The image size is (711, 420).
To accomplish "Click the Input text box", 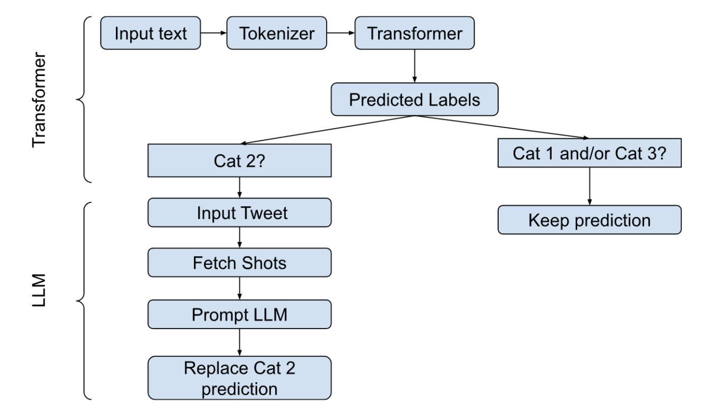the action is tap(151, 33).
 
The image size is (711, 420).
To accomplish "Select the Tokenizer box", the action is tap(277, 33).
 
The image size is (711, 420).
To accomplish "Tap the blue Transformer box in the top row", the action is tap(414, 33).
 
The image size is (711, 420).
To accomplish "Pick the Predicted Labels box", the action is tap(414, 100).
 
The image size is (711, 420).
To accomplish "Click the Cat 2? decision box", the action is tap(240, 161).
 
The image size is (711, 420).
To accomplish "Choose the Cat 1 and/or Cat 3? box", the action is tap(590, 153).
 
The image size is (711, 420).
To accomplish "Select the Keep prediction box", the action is tap(590, 220).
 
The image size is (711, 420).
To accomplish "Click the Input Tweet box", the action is tap(240, 213).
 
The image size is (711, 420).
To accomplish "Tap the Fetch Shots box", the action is tap(240, 263).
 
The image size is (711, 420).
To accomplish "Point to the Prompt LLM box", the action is tap(240, 314).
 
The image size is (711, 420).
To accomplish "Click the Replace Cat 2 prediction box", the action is tap(240, 378).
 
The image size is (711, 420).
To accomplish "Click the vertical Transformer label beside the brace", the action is tap(39, 100).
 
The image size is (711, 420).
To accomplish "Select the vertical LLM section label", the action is tap(39, 290).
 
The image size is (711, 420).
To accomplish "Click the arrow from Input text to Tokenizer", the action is tap(214, 33).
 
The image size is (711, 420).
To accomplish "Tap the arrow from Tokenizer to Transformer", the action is tap(340, 33).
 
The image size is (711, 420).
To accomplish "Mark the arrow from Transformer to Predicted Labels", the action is tap(414, 66).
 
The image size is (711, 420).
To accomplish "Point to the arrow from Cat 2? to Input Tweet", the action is tap(240, 188).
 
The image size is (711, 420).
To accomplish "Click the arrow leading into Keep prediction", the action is tap(590, 186).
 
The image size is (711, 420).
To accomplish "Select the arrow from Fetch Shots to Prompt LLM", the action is tap(240, 288).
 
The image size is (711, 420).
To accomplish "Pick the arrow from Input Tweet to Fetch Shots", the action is tap(240, 238).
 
